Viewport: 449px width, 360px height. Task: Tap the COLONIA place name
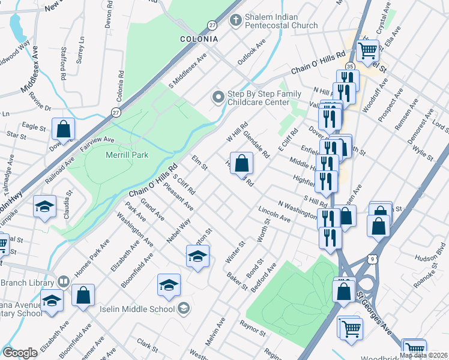click(199, 39)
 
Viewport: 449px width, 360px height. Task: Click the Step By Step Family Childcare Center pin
click(217, 97)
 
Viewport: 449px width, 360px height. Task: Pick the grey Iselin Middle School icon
click(184, 309)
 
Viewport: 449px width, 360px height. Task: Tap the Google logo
click(20, 352)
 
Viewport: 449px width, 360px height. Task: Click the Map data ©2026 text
click(423, 355)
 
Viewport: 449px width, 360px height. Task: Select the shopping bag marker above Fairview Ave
click(63, 128)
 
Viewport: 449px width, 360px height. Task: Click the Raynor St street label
click(253, 330)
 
